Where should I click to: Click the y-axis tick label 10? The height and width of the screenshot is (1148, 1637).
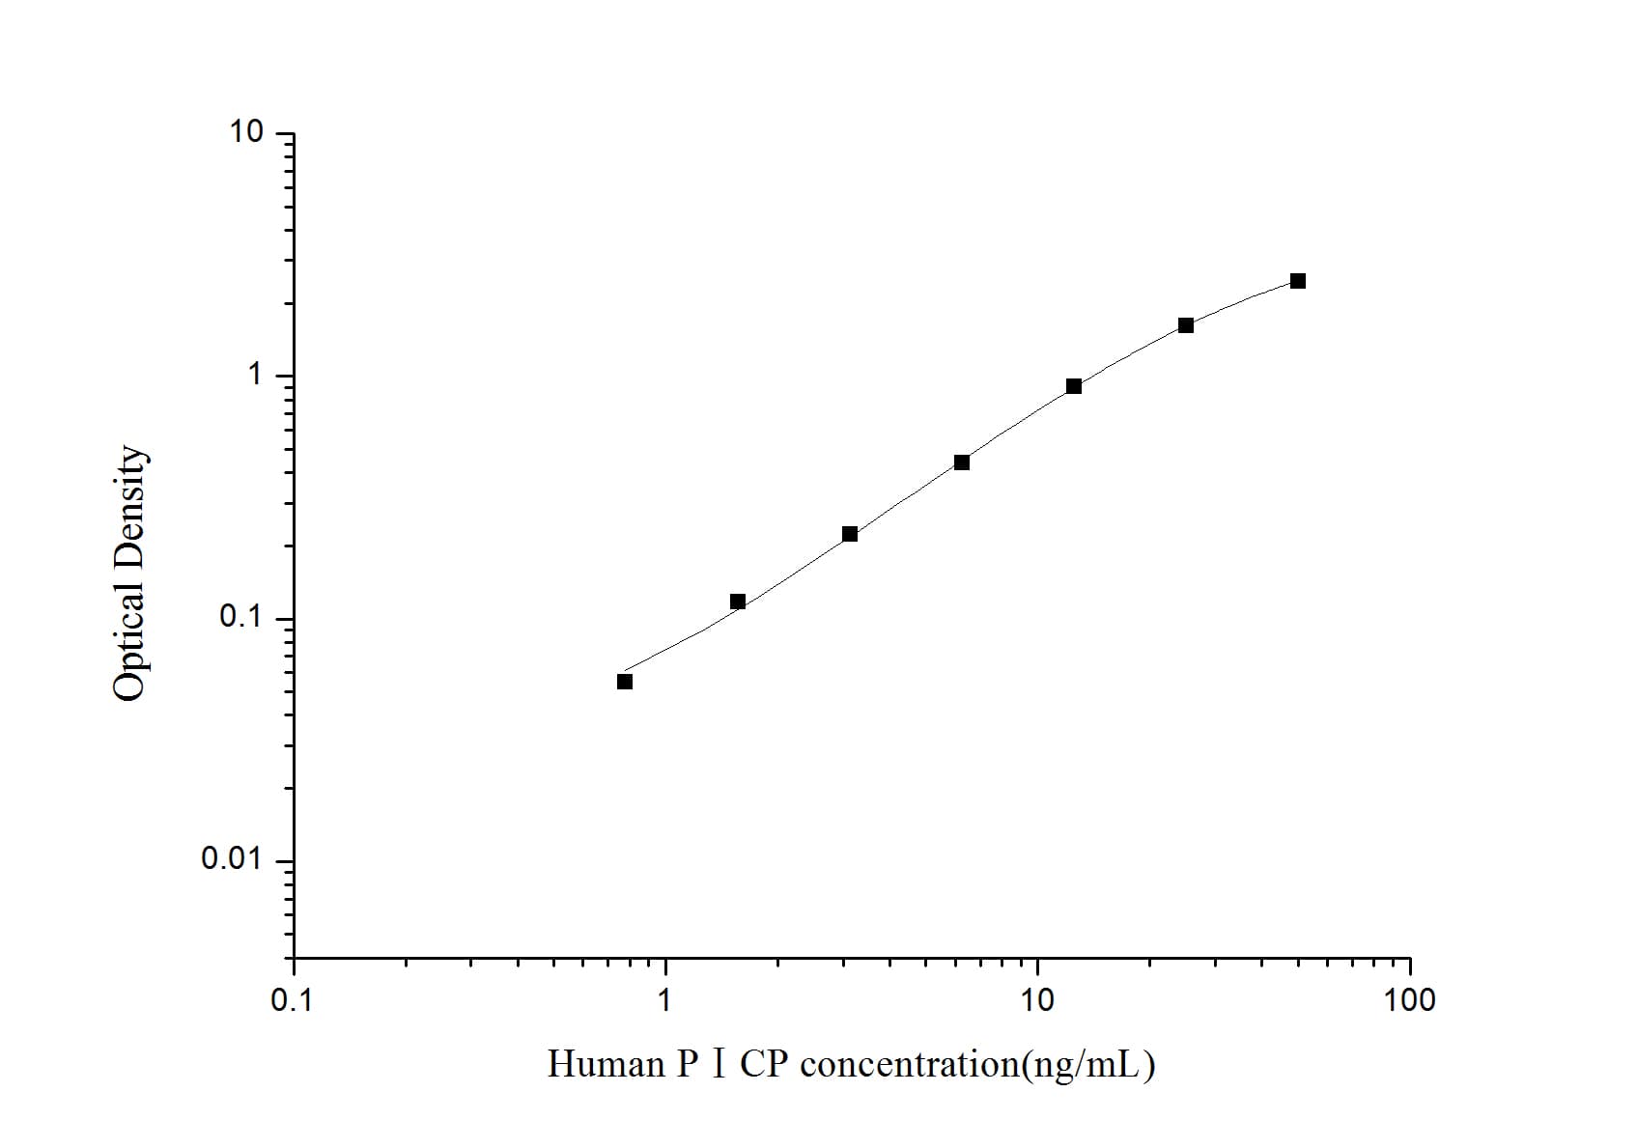tap(245, 132)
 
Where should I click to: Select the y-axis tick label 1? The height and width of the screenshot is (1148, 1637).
tap(255, 375)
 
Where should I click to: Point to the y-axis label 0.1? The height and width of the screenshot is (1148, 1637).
tap(241, 617)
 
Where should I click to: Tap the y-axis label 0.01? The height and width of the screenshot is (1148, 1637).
tap(232, 859)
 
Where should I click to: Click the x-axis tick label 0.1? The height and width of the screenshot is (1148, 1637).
tap(292, 1000)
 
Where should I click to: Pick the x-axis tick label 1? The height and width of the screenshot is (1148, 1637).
tap(664, 1000)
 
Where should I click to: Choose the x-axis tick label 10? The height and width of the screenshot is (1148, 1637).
tap(1036, 1000)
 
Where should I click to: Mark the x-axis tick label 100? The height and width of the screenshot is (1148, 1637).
tap(1409, 1000)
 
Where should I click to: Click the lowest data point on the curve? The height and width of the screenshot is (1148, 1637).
tap(625, 682)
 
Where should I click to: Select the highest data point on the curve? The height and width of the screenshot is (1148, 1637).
tap(1298, 281)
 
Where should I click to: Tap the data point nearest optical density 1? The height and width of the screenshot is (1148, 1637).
tap(1074, 386)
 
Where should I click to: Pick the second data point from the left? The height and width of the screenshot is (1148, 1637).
tap(738, 602)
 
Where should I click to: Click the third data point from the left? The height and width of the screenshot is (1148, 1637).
tap(850, 534)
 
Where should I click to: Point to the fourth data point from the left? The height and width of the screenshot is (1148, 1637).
tap(962, 462)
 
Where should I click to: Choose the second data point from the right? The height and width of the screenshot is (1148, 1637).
tap(1186, 325)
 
